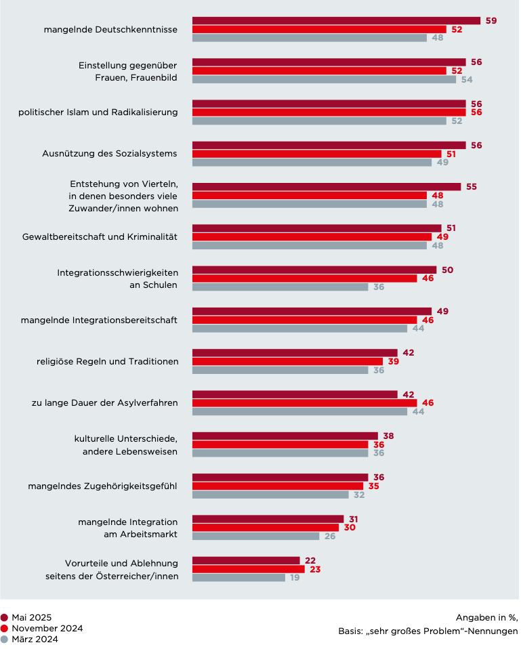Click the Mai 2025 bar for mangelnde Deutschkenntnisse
tap(336, 21)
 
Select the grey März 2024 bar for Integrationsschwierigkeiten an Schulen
tap(280, 287)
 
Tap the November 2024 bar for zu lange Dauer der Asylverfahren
tap(304, 403)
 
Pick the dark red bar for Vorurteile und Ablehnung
tap(246, 560)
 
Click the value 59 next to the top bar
tap(491, 21)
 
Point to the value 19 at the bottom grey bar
tap(295, 578)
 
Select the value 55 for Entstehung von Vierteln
tap(472, 187)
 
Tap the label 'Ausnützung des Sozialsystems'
tap(109, 153)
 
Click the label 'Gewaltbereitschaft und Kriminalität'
tap(100, 236)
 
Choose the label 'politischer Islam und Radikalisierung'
tap(98, 112)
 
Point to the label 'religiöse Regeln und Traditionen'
tap(107, 361)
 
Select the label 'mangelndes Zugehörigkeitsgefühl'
tap(102, 486)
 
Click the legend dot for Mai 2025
tap(5, 617)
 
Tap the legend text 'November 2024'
tap(47, 628)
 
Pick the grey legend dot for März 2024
tap(5, 639)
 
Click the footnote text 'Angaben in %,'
tap(486, 617)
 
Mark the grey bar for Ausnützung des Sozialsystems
tap(312, 163)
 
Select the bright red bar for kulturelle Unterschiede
tap(280, 444)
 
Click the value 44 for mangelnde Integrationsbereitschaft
tap(418, 329)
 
